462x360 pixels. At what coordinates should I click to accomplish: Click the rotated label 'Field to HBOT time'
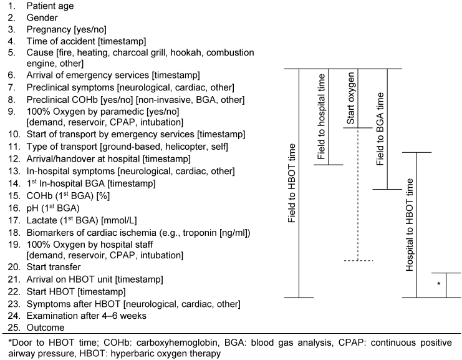[x=291, y=183]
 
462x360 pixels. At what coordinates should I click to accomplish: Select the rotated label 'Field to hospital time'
[x=321, y=117]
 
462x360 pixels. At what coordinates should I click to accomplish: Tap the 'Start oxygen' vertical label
[x=350, y=99]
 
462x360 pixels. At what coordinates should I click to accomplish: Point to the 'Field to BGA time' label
[x=380, y=129]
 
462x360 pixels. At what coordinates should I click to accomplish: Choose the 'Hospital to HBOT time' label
[x=410, y=225]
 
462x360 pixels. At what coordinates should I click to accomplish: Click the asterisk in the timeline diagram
[x=439, y=284]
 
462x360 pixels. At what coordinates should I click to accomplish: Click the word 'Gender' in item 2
[x=42, y=17]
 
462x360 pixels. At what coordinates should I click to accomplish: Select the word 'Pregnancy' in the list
[x=49, y=29]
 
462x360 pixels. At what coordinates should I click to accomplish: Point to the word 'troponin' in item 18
[x=200, y=233]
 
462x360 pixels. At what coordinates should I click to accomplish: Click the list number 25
[x=14, y=328]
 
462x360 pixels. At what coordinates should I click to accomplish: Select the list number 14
[x=14, y=183]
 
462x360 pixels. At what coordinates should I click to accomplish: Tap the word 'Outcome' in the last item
[x=46, y=328]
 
